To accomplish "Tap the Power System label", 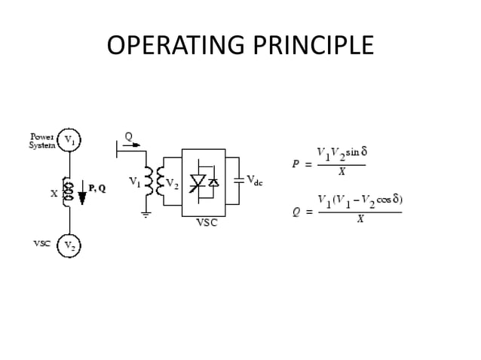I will click(41, 141).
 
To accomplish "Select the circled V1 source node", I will click(69, 140).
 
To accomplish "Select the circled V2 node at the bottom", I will click(69, 246).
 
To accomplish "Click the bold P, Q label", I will click(97, 188).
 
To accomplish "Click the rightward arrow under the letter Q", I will click(132, 146).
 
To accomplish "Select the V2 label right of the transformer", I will click(173, 182).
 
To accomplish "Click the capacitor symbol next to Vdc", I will click(240, 180).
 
